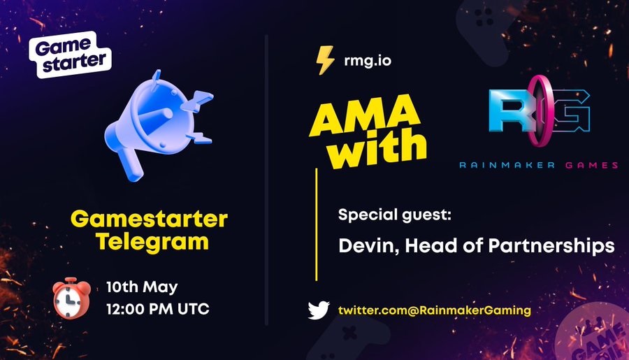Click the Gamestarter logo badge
point(70,55)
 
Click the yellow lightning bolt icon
point(324,60)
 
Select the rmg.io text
point(368,61)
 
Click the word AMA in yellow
point(364,115)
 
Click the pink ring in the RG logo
point(537,110)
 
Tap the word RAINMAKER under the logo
point(507,165)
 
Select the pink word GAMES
point(592,165)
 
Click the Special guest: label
point(395,215)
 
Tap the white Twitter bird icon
point(319,310)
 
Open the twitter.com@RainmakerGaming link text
point(435,310)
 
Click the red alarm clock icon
point(72,298)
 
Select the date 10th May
point(142,287)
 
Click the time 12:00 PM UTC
point(158,309)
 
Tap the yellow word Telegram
point(152,242)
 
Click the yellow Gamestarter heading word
point(149,219)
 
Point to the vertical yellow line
point(317,224)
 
